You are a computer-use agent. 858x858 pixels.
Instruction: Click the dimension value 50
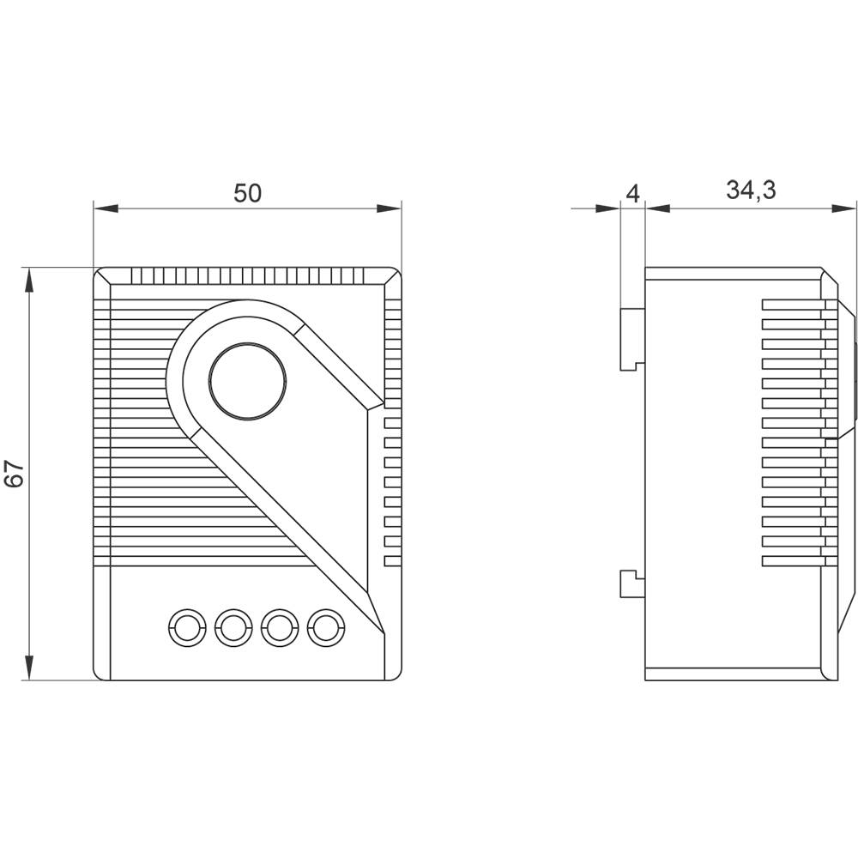247,193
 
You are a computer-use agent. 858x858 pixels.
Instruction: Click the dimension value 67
14,474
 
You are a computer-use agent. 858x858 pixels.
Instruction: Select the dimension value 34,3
751,190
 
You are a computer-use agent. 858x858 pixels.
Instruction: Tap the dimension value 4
632,193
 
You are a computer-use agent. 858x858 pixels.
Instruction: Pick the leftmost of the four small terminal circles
186,629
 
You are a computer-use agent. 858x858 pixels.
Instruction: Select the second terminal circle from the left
233,629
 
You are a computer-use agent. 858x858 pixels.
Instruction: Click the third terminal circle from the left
279,629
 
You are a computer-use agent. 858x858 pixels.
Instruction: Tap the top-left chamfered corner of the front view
101,275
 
